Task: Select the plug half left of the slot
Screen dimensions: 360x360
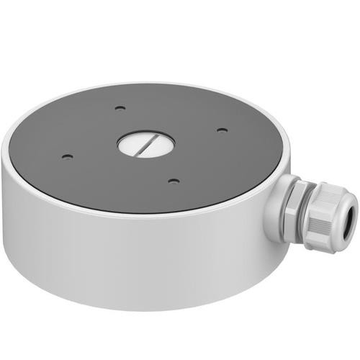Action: (134, 142)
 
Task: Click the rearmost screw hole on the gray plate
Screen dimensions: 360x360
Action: (120, 109)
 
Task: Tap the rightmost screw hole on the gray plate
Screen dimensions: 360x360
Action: (222, 130)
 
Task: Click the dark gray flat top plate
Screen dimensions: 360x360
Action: (86, 130)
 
